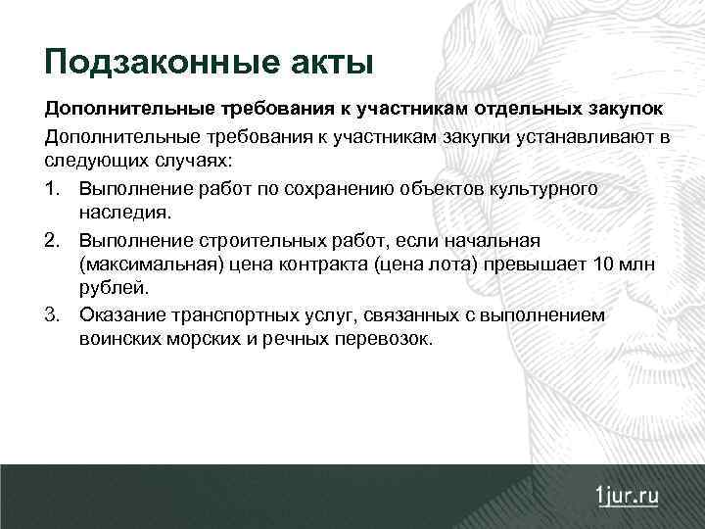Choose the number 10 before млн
coord(605,264)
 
